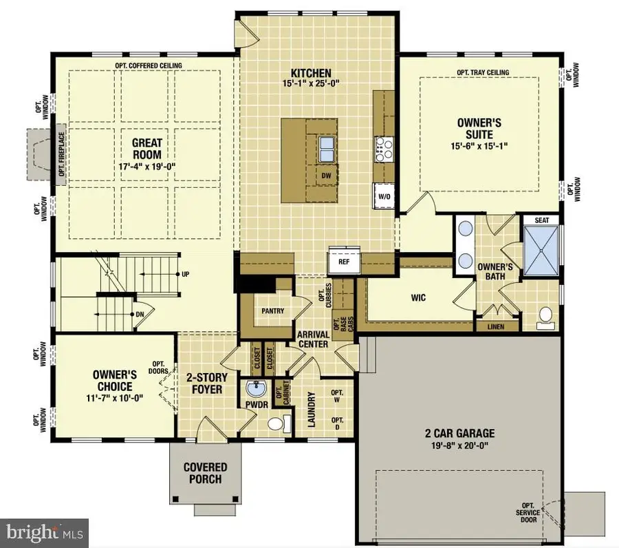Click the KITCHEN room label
point(311,73)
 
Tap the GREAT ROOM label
point(147,149)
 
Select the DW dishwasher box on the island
point(326,176)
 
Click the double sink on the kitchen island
point(326,147)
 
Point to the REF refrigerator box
point(344,262)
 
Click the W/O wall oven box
point(384,196)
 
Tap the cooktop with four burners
point(383,149)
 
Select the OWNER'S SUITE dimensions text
point(479,146)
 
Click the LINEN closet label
point(496,326)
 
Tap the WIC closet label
point(419,297)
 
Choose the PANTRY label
point(273,310)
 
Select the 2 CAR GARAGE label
point(459,434)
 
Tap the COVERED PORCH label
point(205,473)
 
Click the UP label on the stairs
point(184,274)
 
